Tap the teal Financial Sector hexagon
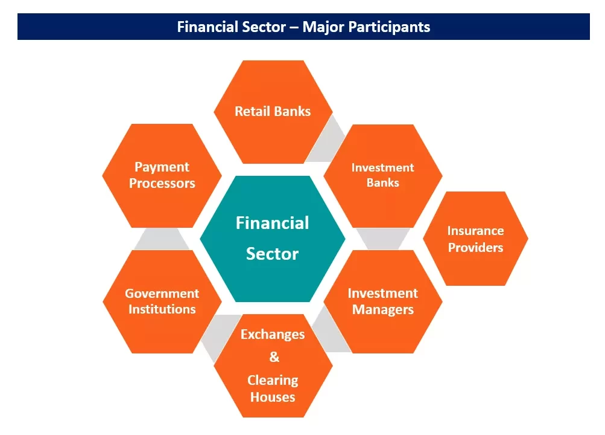pos(273,238)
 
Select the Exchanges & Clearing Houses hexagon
pos(273,366)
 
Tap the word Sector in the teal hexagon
pos(272,254)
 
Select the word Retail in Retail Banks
pos(252,111)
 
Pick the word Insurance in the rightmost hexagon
pos(475,231)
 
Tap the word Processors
pos(162,184)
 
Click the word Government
pos(162,294)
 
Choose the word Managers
pos(383,310)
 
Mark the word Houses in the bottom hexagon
pos(273,397)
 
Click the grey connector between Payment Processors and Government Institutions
pos(158,239)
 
